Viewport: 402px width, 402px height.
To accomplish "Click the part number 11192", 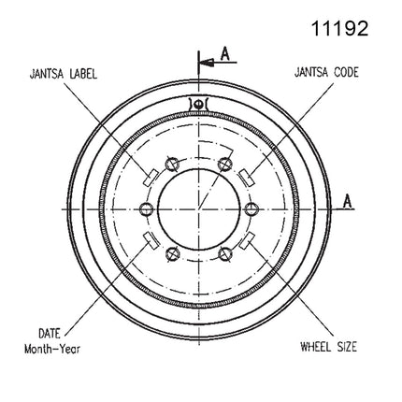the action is [x=339, y=28].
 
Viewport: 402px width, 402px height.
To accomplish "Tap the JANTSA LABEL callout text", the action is [x=64, y=74].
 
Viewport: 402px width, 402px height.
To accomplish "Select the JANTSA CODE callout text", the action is [x=326, y=72].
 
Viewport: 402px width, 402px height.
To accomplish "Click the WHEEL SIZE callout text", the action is [x=328, y=346].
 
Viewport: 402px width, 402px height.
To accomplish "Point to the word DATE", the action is [x=50, y=334].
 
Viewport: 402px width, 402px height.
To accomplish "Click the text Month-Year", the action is [x=52, y=349].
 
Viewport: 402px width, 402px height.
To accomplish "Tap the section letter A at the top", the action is [x=224, y=53].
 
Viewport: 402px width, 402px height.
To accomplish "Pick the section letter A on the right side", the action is [x=347, y=201].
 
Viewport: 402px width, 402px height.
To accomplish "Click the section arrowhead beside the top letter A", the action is [x=207, y=63].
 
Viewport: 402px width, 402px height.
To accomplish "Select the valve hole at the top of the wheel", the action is [x=197, y=104].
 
